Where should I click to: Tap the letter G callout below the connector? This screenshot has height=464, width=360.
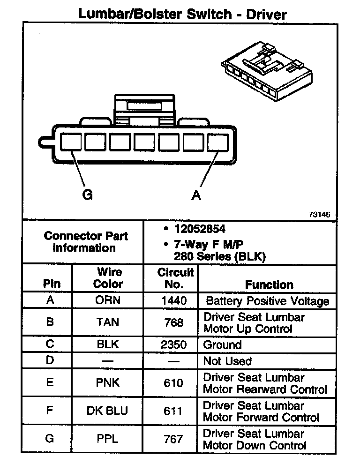pos(87,195)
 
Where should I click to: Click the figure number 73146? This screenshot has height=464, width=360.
pos(319,214)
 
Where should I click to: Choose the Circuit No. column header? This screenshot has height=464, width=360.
pos(175,278)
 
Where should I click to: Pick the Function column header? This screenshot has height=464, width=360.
pos(269,284)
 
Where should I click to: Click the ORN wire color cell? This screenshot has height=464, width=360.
pos(108,300)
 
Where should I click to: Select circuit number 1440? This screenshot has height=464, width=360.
pos(173,300)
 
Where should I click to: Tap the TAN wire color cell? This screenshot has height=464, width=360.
pos(108,322)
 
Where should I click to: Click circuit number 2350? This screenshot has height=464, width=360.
pos(173,345)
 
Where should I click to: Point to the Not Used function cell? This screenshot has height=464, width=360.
pos(227,361)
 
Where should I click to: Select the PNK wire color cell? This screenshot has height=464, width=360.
pos(108,383)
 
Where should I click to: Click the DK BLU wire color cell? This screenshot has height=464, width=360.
pos(107,411)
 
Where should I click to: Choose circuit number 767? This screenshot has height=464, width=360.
pos(173,439)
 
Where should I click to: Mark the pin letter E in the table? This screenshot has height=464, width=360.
pos(50,383)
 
